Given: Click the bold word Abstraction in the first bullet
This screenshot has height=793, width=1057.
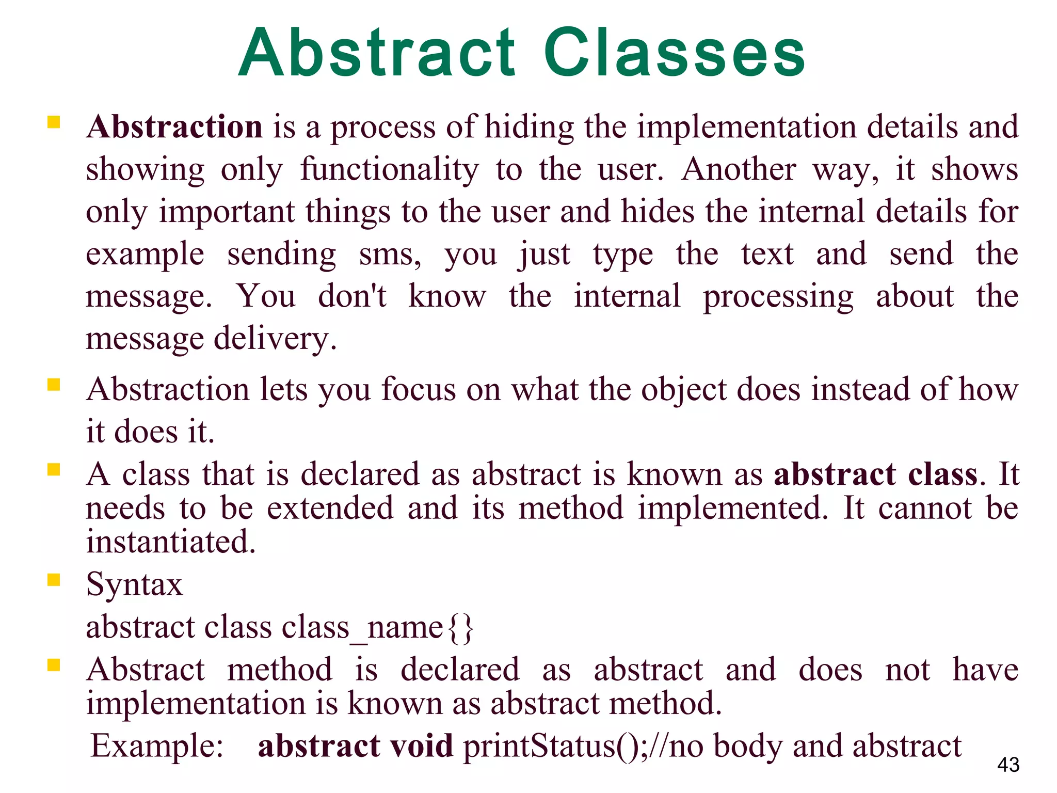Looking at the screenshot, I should tap(175, 126).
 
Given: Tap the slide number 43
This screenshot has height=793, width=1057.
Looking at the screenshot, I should tap(1008, 765).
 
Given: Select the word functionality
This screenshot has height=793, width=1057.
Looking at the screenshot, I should tap(390, 170).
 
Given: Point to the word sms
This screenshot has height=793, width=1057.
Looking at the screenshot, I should tap(390, 255).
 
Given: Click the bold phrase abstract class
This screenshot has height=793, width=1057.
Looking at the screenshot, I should tap(875, 474).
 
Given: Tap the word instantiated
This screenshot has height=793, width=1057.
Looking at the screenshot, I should tap(171, 542).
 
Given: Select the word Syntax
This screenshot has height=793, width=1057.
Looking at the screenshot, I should tap(134, 585).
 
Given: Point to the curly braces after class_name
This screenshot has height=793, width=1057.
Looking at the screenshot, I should tap(460, 628).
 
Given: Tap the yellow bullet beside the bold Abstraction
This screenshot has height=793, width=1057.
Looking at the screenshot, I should tap(54, 122).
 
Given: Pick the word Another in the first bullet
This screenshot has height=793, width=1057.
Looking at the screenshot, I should tap(738, 169).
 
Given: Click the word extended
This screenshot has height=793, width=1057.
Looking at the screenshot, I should tap(330, 508).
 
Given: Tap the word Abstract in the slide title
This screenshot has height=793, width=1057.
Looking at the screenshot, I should tap(377, 53).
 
